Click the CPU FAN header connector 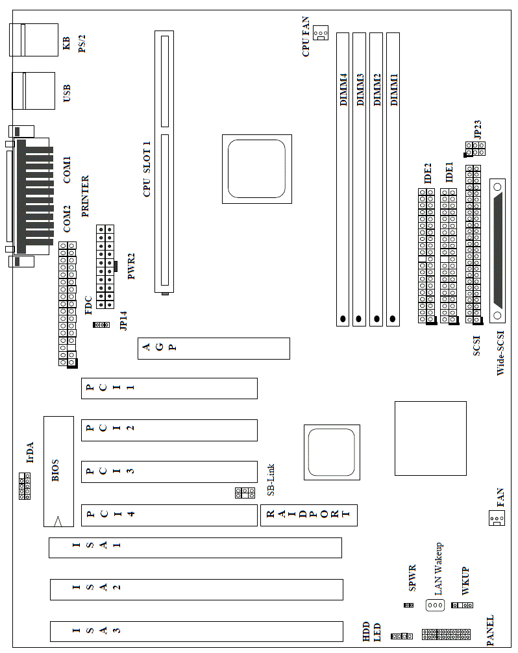pos(321,33)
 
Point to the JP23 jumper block pos(475,149)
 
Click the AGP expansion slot pos(214,349)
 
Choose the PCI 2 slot pos(169,430)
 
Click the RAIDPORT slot pos(308,515)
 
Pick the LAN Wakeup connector pos(434,605)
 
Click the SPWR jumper pos(408,605)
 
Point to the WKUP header pos(462,605)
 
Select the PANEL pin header pos(446,634)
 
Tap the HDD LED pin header pos(402,636)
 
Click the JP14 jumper pos(101,325)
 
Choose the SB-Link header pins pos(244,493)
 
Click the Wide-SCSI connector pos(499,249)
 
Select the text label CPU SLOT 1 pos(147,169)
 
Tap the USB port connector pos(32,91)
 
